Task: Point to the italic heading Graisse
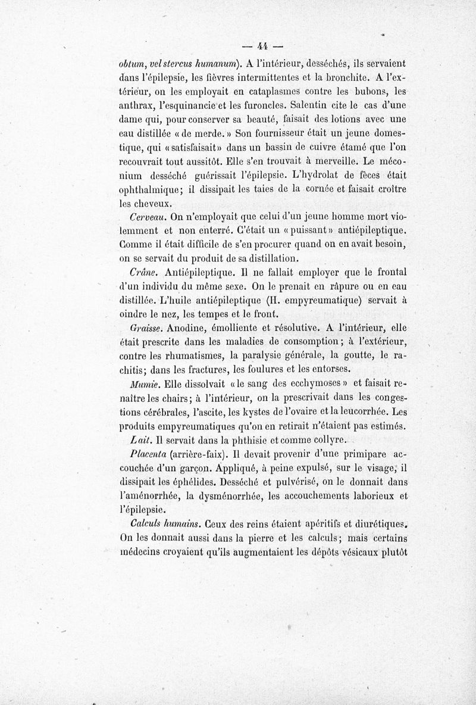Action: (147, 327)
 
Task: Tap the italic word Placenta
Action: (150, 453)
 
